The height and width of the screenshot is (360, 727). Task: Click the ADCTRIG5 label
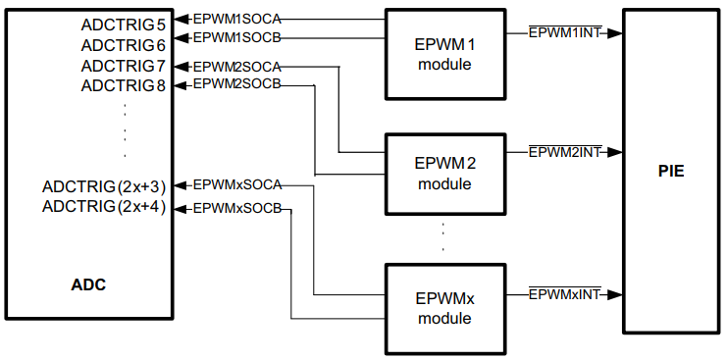pyautogui.click(x=124, y=20)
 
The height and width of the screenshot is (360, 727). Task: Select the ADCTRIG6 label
pyautogui.click(x=124, y=45)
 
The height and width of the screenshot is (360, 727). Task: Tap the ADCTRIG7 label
pyautogui.click(x=124, y=66)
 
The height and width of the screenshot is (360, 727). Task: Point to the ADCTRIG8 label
pyautogui.click(x=124, y=85)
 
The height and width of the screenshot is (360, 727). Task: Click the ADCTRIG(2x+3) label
pyautogui.click(x=104, y=185)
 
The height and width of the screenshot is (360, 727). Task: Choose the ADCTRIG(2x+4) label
pyautogui.click(x=104, y=206)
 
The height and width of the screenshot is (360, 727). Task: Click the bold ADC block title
pyautogui.click(x=88, y=285)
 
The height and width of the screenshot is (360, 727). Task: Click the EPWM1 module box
pyautogui.click(x=444, y=55)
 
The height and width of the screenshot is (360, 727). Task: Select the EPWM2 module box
pyautogui.click(x=444, y=174)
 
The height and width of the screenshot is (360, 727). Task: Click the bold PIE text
pyautogui.click(x=671, y=172)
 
